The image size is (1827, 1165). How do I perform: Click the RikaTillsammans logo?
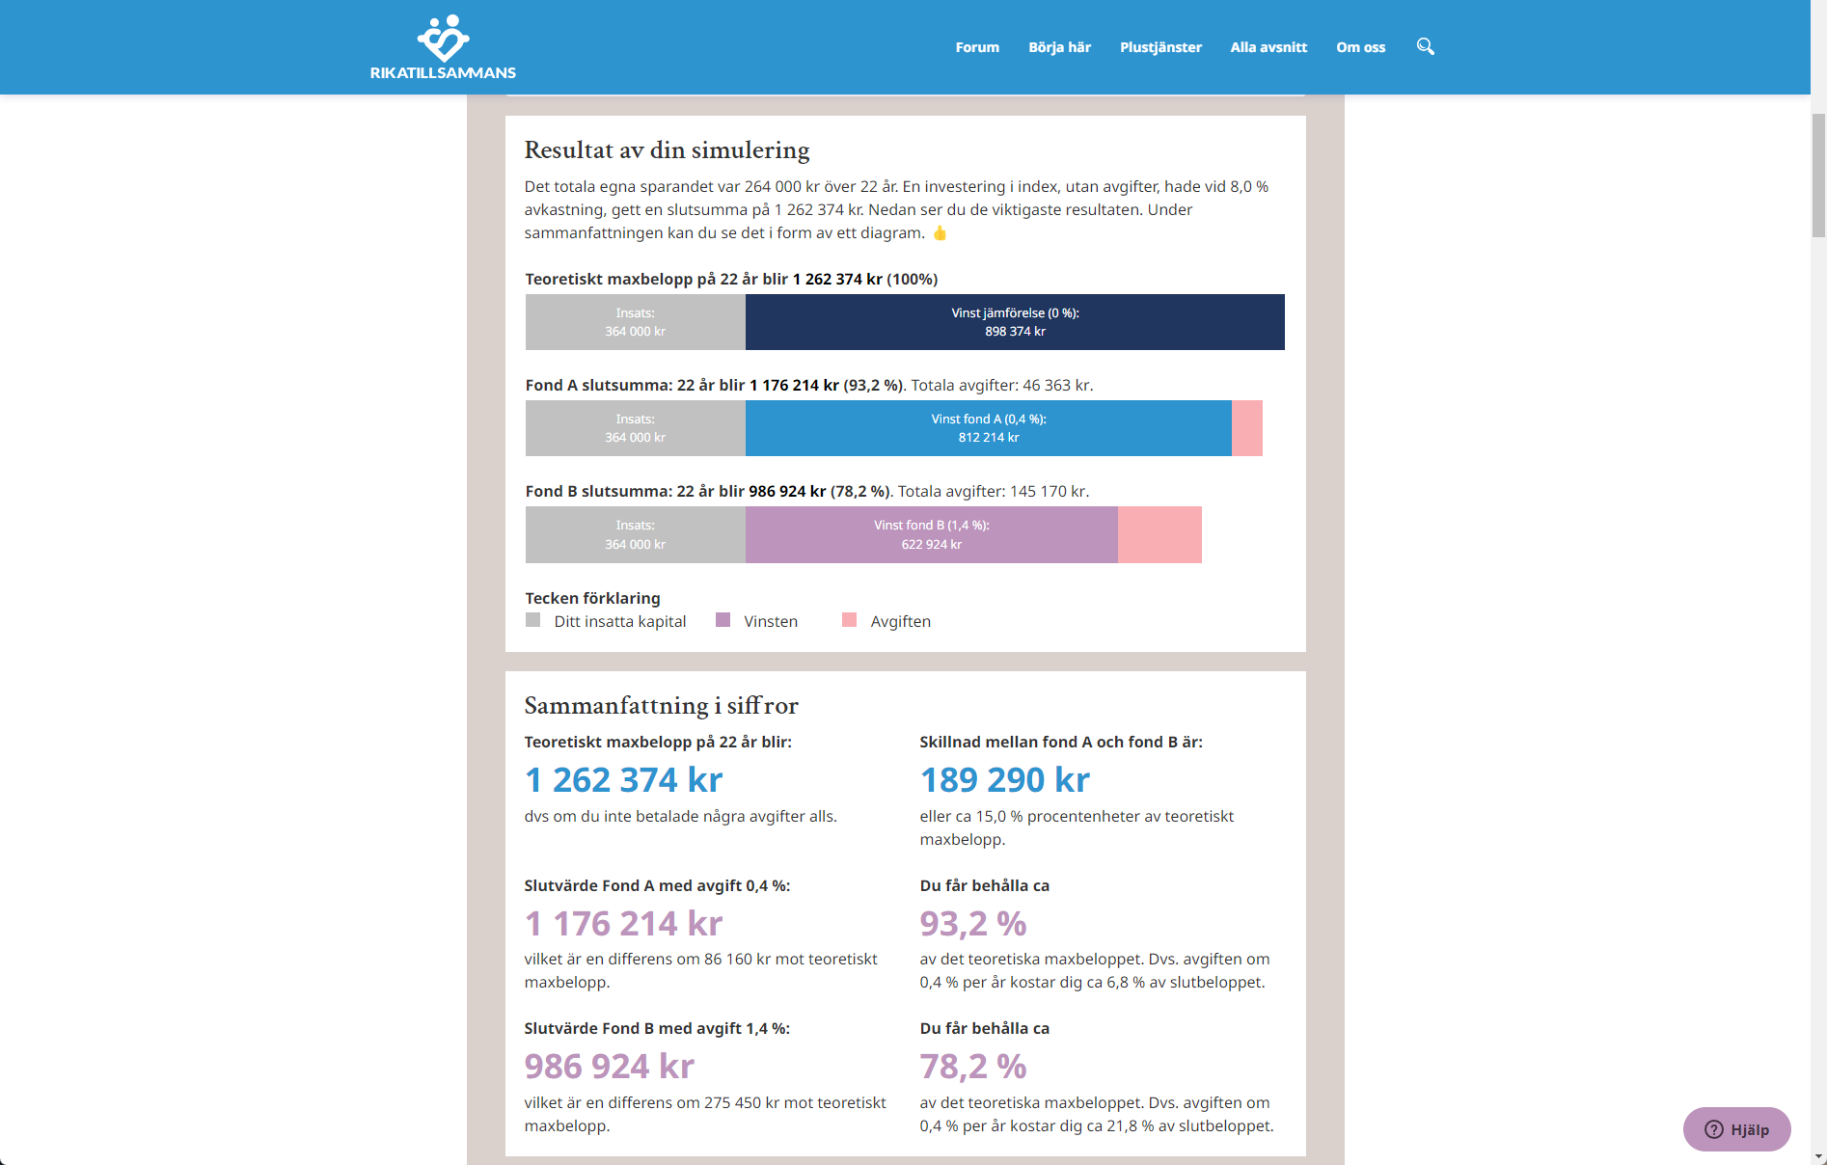click(x=443, y=46)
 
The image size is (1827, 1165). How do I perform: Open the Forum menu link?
click(x=977, y=47)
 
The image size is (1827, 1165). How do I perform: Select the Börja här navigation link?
click(x=1059, y=47)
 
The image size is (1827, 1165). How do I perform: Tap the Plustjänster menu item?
click(x=1160, y=47)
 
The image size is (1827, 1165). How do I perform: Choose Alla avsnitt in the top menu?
click(x=1268, y=47)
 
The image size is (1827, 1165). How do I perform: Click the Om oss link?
click(x=1360, y=47)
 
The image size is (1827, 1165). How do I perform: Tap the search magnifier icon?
click(x=1425, y=46)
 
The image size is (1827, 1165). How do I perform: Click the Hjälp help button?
click(x=1736, y=1129)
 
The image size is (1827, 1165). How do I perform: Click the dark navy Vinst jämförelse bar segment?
click(x=1015, y=322)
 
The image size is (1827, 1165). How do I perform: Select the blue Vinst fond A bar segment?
click(x=988, y=428)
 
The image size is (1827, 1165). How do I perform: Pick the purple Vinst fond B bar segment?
click(x=931, y=534)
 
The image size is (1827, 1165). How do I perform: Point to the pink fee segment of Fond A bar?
click(x=1247, y=428)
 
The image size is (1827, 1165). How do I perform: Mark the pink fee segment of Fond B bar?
click(x=1159, y=534)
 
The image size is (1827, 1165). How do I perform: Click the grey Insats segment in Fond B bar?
click(x=635, y=534)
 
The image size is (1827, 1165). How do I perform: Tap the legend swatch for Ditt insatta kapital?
click(x=532, y=620)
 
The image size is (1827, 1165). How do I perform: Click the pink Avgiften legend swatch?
click(x=849, y=620)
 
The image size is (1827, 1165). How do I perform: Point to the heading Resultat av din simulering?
click(x=667, y=150)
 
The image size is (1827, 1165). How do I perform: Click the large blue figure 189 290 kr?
click(x=1004, y=779)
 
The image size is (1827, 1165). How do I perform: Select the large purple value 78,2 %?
click(x=972, y=1067)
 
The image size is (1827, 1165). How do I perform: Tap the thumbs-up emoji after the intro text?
click(x=940, y=233)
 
